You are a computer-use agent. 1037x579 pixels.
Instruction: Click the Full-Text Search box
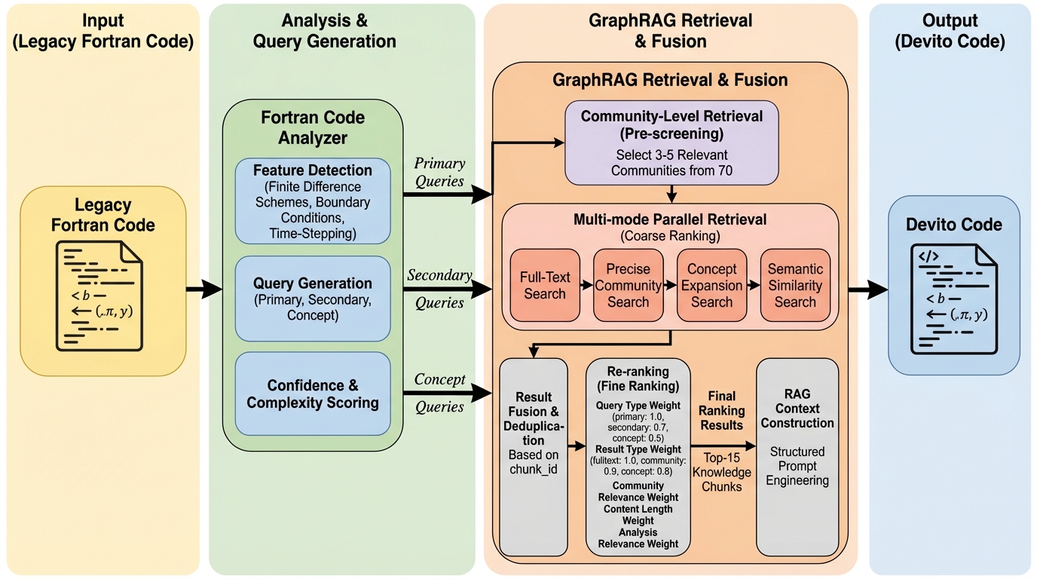coord(545,285)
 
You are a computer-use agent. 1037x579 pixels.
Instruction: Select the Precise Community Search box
coord(628,285)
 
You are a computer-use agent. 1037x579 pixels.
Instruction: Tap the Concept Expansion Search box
coord(711,285)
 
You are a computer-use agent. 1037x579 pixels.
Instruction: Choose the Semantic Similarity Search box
coord(795,285)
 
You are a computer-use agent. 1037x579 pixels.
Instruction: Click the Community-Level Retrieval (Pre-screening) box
coord(671,142)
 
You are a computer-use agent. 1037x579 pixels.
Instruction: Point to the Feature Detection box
coord(313,201)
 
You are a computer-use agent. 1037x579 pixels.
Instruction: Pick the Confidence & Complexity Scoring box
coord(313,394)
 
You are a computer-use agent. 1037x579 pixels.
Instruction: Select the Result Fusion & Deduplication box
coord(534,456)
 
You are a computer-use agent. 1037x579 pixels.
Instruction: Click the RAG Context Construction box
coord(797,456)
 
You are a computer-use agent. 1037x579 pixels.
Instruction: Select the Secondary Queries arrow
coord(448,289)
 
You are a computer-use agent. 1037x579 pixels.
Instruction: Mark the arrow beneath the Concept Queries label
coord(448,393)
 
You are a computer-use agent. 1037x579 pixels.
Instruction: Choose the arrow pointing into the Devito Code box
coord(867,289)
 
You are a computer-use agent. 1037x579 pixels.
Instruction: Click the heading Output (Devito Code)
coord(950,31)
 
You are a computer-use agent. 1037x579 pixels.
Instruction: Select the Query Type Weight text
coord(638,406)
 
